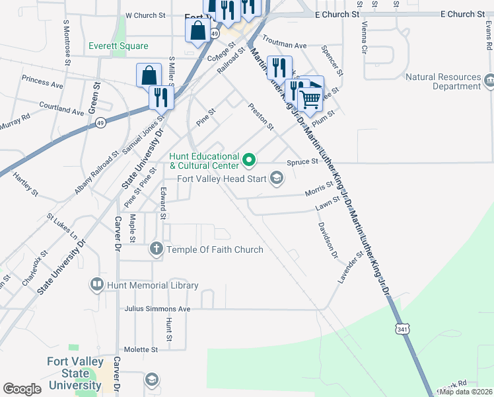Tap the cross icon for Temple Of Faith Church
tap(157, 249)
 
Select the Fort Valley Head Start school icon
tap(277, 177)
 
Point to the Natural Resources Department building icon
tap(489, 81)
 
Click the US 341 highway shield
tap(404, 328)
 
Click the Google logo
tap(22, 389)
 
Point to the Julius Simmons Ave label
tap(157, 309)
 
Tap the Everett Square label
tap(119, 46)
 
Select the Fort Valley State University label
tap(74, 374)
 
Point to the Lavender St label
tap(351, 267)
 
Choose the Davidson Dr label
tap(328, 240)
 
